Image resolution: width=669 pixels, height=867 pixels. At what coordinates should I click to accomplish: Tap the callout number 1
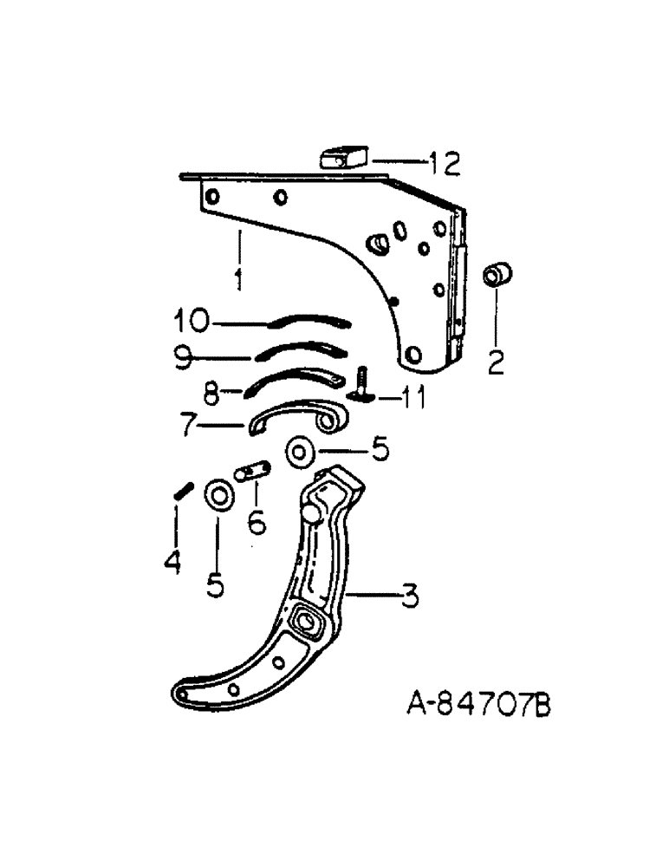coord(237,279)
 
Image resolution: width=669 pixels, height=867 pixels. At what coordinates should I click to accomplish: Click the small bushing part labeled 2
coord(497,277)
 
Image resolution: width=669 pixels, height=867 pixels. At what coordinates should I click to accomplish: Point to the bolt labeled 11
coord(362,383)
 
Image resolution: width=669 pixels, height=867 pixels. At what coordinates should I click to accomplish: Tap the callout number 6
coord(255,523)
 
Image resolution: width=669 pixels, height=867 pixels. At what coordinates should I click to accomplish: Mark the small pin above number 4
coord(182,492)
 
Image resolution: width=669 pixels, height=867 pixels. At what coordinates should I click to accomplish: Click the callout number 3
coord(410,596)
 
